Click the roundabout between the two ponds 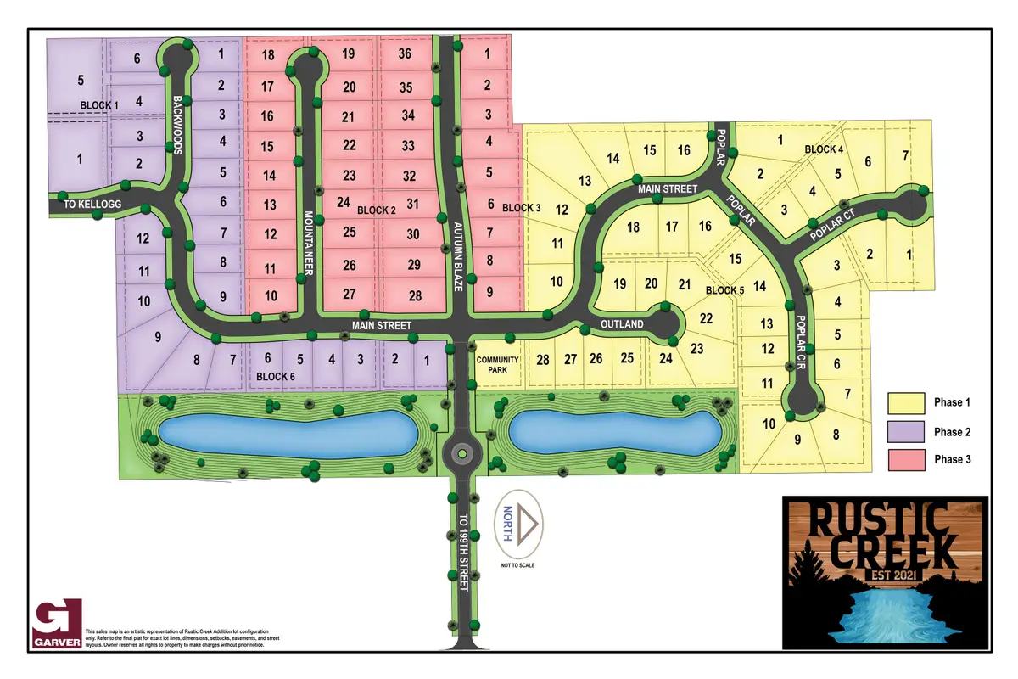pos(460,452)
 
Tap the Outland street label pos(624,324)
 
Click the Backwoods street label pos(177,124)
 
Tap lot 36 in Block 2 pos(406,53)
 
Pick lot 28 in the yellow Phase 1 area pos(543,359)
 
